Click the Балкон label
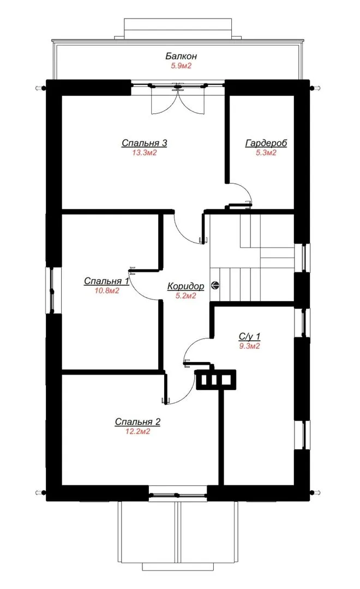click(x=181, y=56)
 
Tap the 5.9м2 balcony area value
click(x=182, y=66)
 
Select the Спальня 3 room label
click(x=145, y=143)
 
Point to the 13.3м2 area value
click(x=145, y=153)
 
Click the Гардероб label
click(x=266, y=143)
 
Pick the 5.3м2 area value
click(x=266, y=153)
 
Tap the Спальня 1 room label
click(x=107, y=281)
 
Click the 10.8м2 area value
click(x=107, y=290)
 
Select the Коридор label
click(x=185, y=286)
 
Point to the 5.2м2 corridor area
click(x=185, y=296)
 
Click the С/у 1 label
click(x=249, y=336)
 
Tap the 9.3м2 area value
click(x=249, y=346)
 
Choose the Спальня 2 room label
click(x=137, y=422)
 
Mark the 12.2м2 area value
click(x=137, y=431)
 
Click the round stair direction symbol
click(x=215, y=285)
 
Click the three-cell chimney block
click(x=215, y=380)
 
